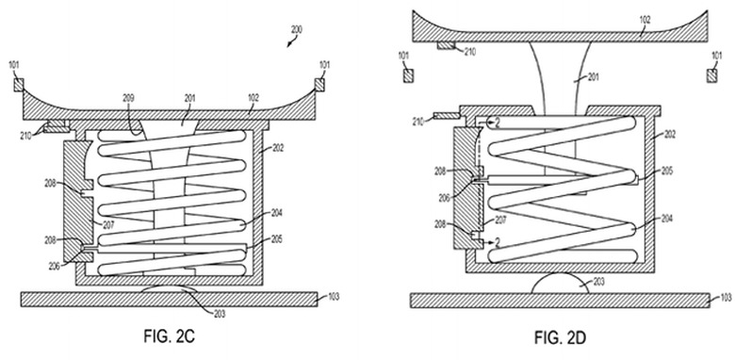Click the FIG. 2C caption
tap(169, 336)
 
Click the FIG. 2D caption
tap(559, 337)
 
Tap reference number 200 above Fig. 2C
tap(296, 29)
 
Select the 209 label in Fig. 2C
tap(128, 98)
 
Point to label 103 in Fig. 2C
tap(334, 297)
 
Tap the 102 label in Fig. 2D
tap(645, 21)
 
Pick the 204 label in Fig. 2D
tap(666, 219)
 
